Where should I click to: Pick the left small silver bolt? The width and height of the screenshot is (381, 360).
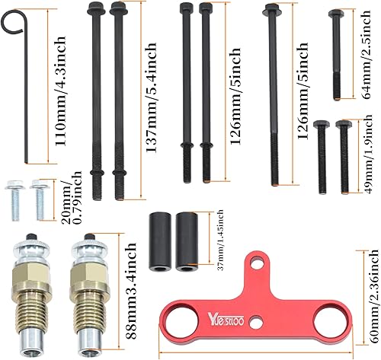(14, 199)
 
